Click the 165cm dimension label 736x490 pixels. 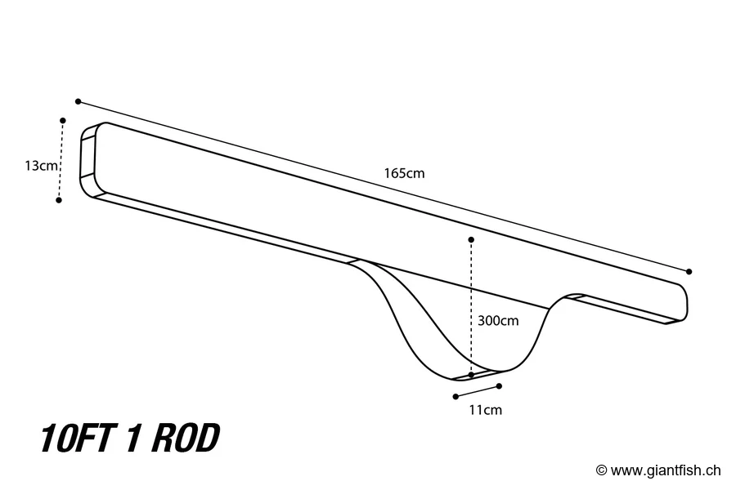pyautogui.click(x=404, y=173)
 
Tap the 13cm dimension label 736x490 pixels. pyautogui.click(x=40, y=166)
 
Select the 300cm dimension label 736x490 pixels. pyautogui.click(x=498, y=321)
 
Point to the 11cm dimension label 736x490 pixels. pyautogui.click(x=486, y=410)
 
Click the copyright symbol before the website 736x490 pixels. pyautogui.click(x=602, y=470)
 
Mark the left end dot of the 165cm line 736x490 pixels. pyautogui.click(x=78, y=101)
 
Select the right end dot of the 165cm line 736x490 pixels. pyautogui.click(x=689, y=271)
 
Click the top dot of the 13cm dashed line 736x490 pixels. pyautogui.click(x=63, y=120)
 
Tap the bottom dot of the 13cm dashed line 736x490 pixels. pyautogui.click(x=59, y=199)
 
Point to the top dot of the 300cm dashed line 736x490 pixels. pyautogui.click(x=471, y=239)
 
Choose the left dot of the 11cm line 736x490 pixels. pyautogui.click(x=455, y=397)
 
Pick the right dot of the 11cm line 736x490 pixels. pyautogui.click(x=499, y=385)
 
